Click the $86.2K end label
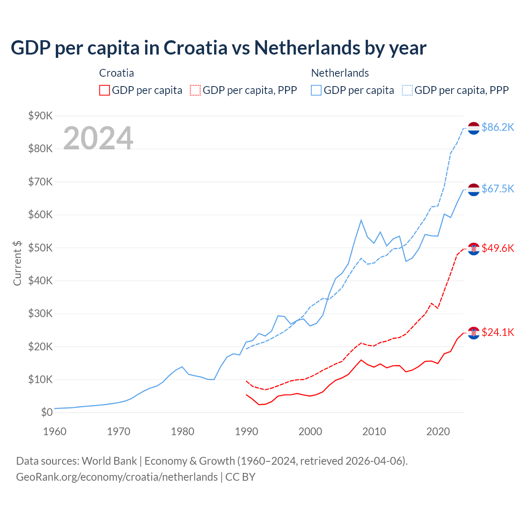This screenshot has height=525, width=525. pyautogui.click(x=498, y=128)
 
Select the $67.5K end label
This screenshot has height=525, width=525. pyautogui.click(x=498, y=189)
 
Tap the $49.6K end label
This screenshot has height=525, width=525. pyautogui.click(x=498, y=248)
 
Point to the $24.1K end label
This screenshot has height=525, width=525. pyautogui.click(x=498, y=332)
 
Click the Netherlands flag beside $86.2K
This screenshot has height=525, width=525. pyautogui.click(x=474, y=128)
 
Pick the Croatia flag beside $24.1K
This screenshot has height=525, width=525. pyautogui.click(x=474, y=333)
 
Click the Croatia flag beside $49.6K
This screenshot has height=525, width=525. pyautogui.click(x=474, y=249)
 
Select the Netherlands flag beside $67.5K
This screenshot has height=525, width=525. pyautogui.click(x=474, y=189)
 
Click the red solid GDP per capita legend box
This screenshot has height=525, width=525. pyautogui.click(x=105, y=90)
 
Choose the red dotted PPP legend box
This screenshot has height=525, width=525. pyautogui.click(x=195, y=90)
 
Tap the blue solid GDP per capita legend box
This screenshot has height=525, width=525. pyautogui.click(x=316, y=90)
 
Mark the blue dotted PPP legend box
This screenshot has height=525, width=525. pyautogui.click(x=407, y=90)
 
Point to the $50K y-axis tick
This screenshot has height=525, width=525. pyautogui.click(x=41, y=248)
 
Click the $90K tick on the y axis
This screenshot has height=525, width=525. pyautogui.click(x=41, y=116)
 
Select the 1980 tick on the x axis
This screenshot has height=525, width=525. pyautogui.click(x=183, y=431)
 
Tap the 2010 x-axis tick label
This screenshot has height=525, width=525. pyautogui.click(x=374, y=431)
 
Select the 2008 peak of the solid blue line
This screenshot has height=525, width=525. pyautogui.click(x=361, y=220)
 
